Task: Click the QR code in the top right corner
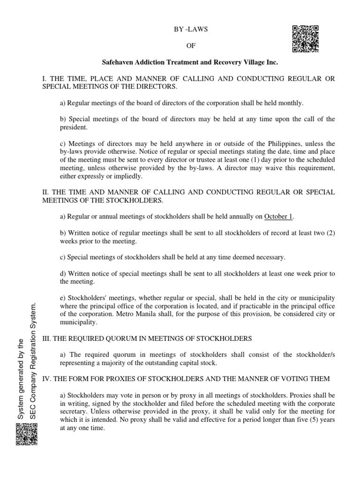point(306,38)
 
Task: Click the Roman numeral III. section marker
point(47,338)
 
